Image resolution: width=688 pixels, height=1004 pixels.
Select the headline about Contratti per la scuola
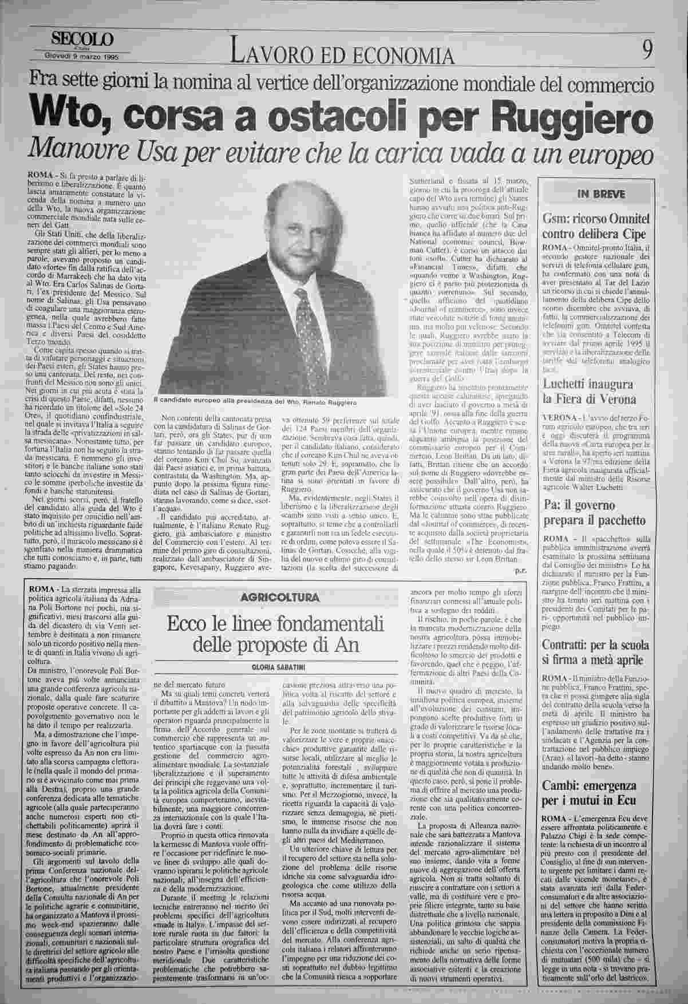(x=596, y=653)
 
